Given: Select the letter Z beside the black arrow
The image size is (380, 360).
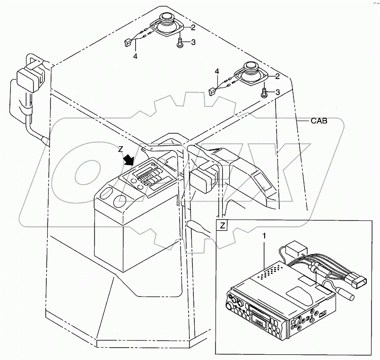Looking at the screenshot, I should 122,149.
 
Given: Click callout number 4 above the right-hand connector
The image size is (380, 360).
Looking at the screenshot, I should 217,71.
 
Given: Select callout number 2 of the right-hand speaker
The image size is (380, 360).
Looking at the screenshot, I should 277,76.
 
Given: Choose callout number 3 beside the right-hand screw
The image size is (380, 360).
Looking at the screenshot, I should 277,92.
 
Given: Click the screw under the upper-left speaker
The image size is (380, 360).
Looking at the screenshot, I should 180,44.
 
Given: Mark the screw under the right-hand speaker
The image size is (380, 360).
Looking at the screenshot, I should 265,93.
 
